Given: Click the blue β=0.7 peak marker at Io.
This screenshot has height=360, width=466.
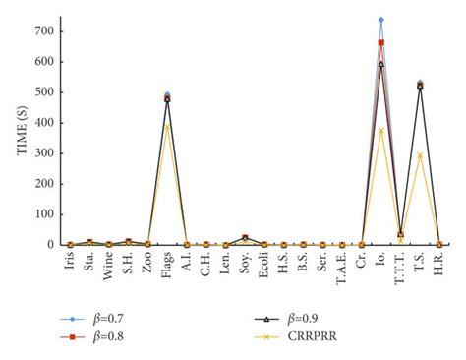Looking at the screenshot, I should [x=380, y=20].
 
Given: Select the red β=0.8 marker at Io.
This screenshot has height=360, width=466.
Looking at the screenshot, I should [x=380, y=43].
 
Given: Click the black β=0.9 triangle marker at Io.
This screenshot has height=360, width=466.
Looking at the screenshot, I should [x=380, y=64].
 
